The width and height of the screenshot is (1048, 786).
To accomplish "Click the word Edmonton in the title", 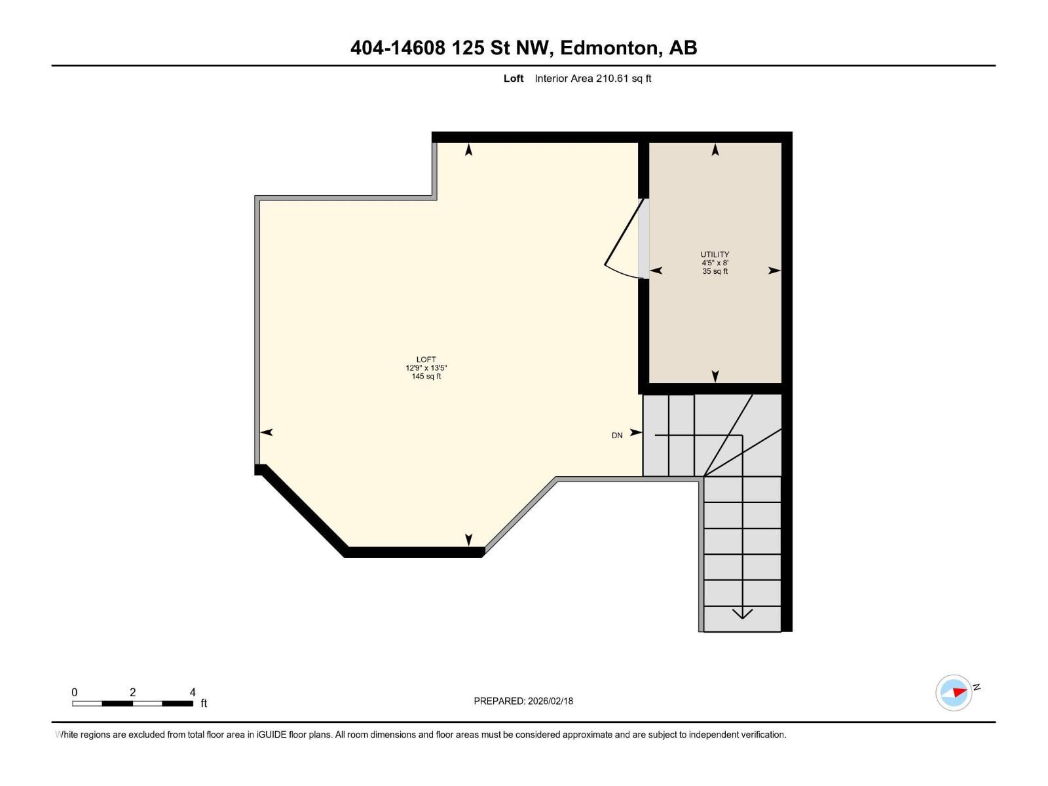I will tap(610, 48).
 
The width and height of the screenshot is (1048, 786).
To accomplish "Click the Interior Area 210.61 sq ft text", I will tap(593, 79).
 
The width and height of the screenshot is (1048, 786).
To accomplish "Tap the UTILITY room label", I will tap(715, 254).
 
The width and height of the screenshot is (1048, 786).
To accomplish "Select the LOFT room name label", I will tap(426, 360).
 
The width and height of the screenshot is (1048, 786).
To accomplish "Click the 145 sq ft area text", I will tap(426, 377).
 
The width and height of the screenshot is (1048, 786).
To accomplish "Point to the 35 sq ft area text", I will tap(715, 271).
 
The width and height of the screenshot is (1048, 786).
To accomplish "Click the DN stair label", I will tap(617, 436).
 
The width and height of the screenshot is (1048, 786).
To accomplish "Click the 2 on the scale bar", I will tap(132, 692).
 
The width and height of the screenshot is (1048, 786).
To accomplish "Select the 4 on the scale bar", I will tap(193, 692).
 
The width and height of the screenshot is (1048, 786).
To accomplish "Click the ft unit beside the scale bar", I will tap(204, 703).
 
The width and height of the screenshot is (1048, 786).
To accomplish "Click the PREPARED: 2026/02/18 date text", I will tap(523, 701).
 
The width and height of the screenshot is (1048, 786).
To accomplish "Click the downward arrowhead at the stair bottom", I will tap(742, 614).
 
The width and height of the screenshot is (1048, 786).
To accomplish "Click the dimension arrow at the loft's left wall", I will tap(266, 432).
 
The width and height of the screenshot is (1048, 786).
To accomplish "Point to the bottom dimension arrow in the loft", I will tap(468, 540).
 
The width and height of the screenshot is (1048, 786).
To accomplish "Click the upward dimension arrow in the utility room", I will tap(715, 150).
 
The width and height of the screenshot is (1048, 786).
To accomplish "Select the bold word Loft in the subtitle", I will tap(514, 79).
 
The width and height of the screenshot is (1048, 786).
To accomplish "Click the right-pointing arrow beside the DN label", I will tap(636, 432).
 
